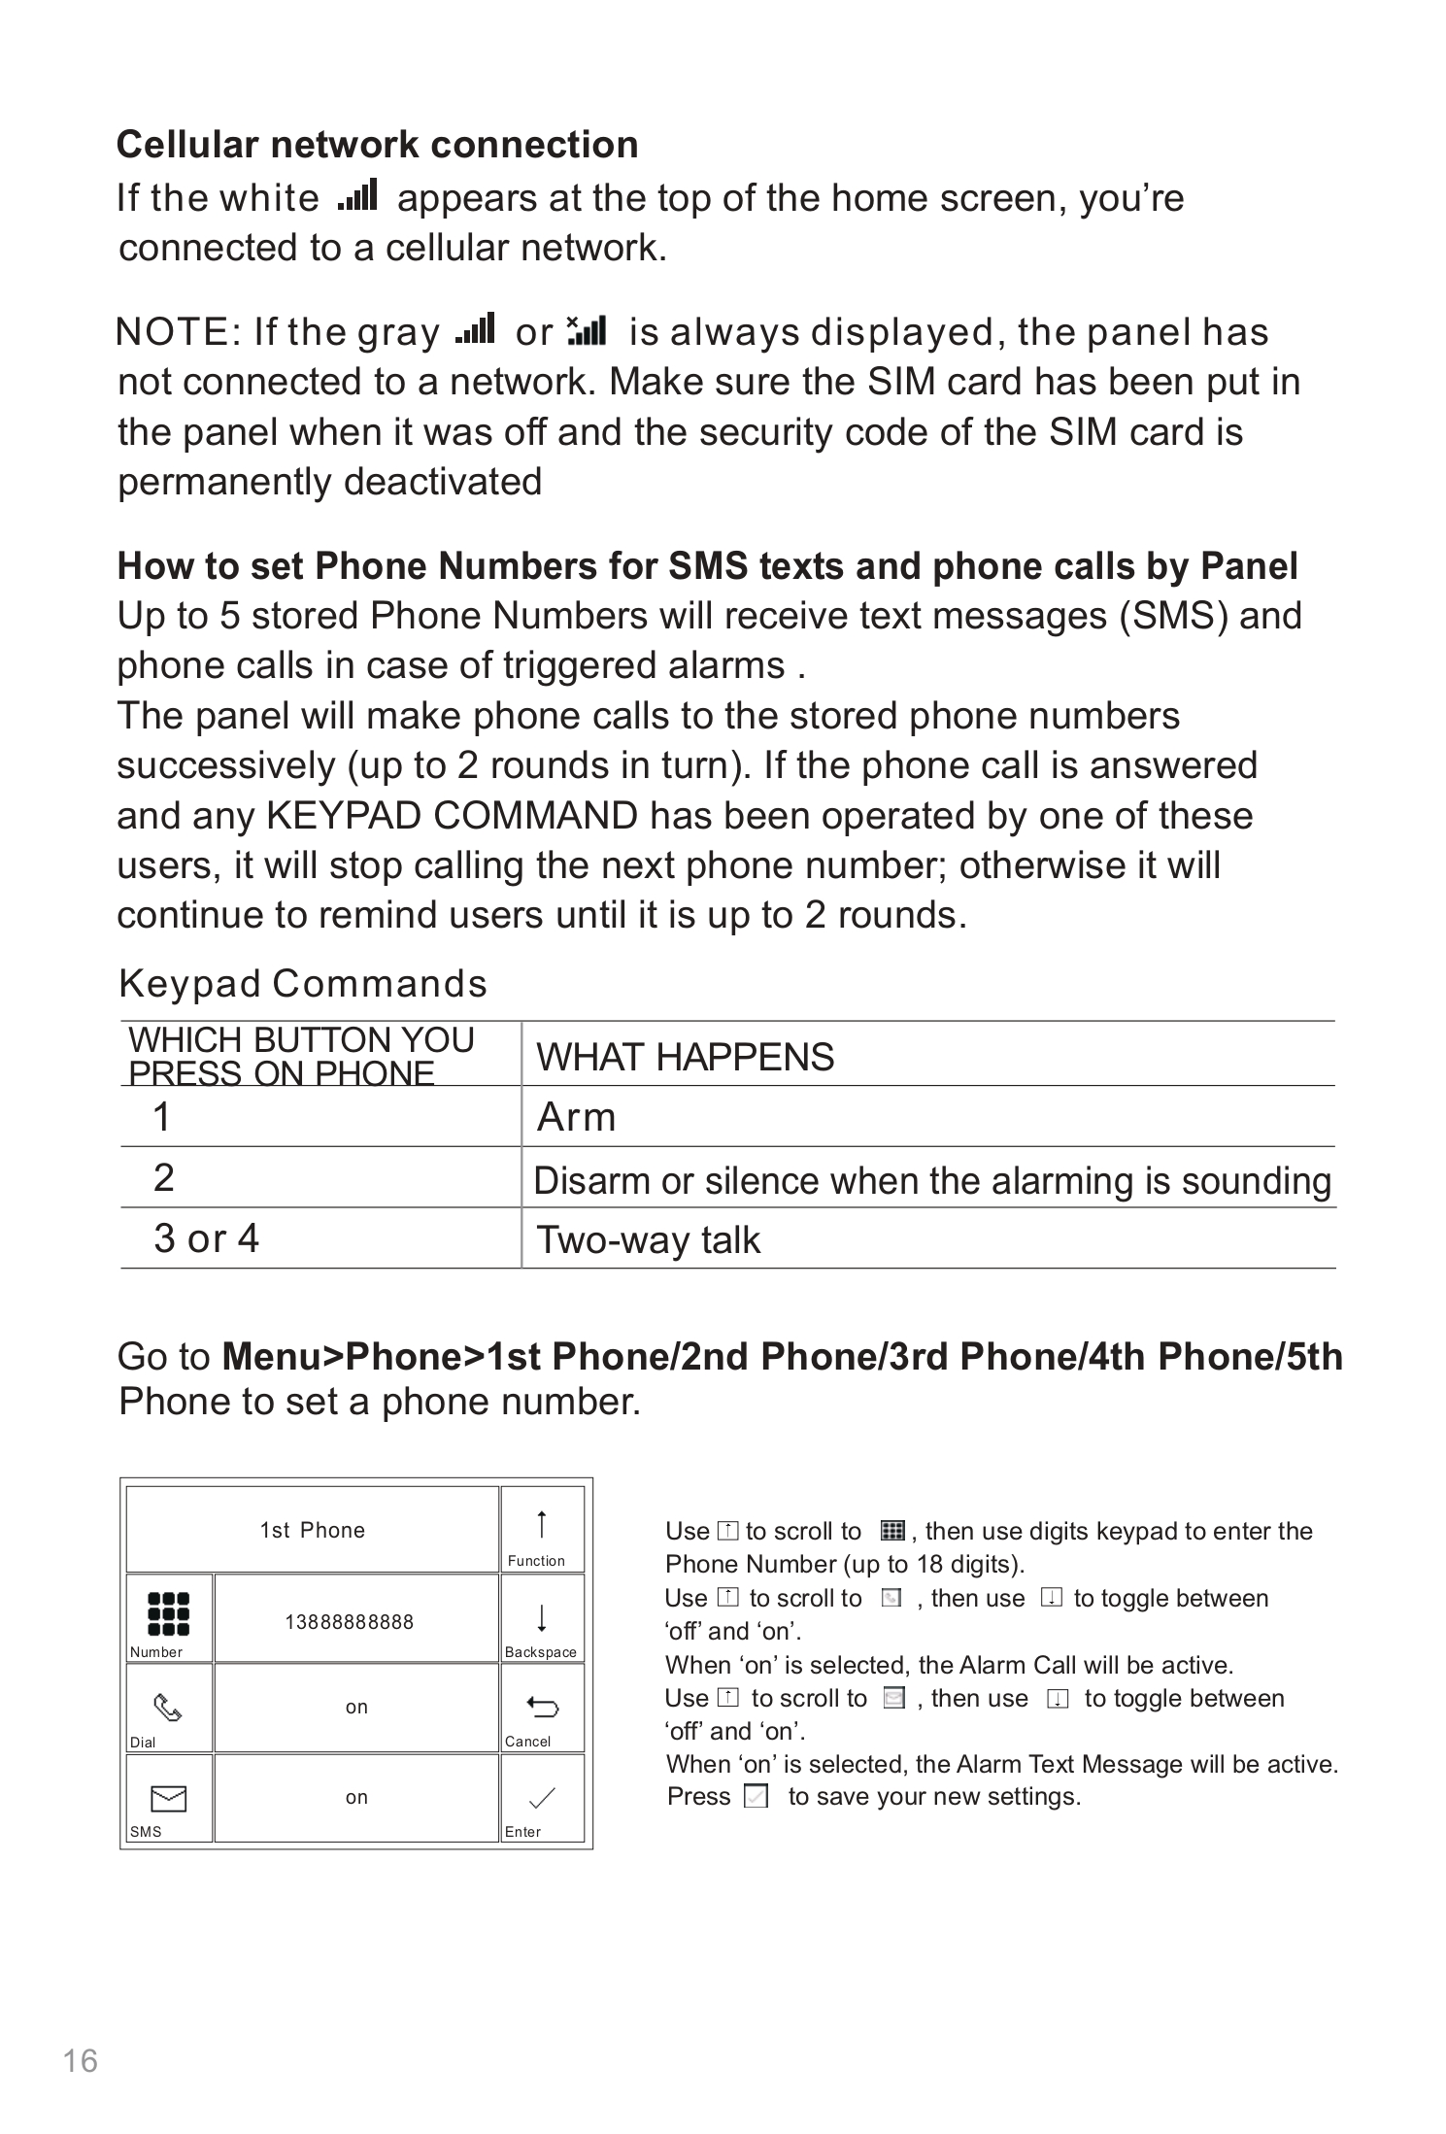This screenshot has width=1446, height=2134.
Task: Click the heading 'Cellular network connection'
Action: coord(377,145)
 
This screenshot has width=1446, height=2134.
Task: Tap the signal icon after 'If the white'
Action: coord(357,195)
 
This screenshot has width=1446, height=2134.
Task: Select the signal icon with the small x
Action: coord(587,329)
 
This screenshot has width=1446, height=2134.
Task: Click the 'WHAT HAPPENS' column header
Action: coord(685,1057)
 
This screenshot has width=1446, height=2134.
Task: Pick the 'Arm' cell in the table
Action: coord(576,1117)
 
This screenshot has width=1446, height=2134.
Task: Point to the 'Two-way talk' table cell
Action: coord(648,1239)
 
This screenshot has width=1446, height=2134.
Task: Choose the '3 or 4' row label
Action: coord(206,1238)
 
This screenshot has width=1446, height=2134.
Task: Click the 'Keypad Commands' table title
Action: coord(302,983)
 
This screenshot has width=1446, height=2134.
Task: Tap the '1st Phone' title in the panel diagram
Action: coord(312,1530)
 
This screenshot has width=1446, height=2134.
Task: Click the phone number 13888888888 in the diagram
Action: coord(349,1621)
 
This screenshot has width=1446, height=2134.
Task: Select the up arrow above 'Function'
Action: coord(542,1524)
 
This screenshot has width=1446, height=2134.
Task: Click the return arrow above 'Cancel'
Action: coord(541,1706)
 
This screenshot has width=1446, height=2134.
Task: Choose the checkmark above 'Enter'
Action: coord(541,1798)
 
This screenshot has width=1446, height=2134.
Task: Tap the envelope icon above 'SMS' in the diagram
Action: coord(168,1799)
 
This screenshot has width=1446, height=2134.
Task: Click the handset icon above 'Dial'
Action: coord(168,1708)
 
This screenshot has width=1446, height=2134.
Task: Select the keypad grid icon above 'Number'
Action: coord(168,1613)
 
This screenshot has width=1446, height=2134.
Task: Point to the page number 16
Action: coord(81,2060)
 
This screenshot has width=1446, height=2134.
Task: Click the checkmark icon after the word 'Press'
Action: coord(756,1796)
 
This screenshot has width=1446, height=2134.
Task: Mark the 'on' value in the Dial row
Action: coord(356,1708)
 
